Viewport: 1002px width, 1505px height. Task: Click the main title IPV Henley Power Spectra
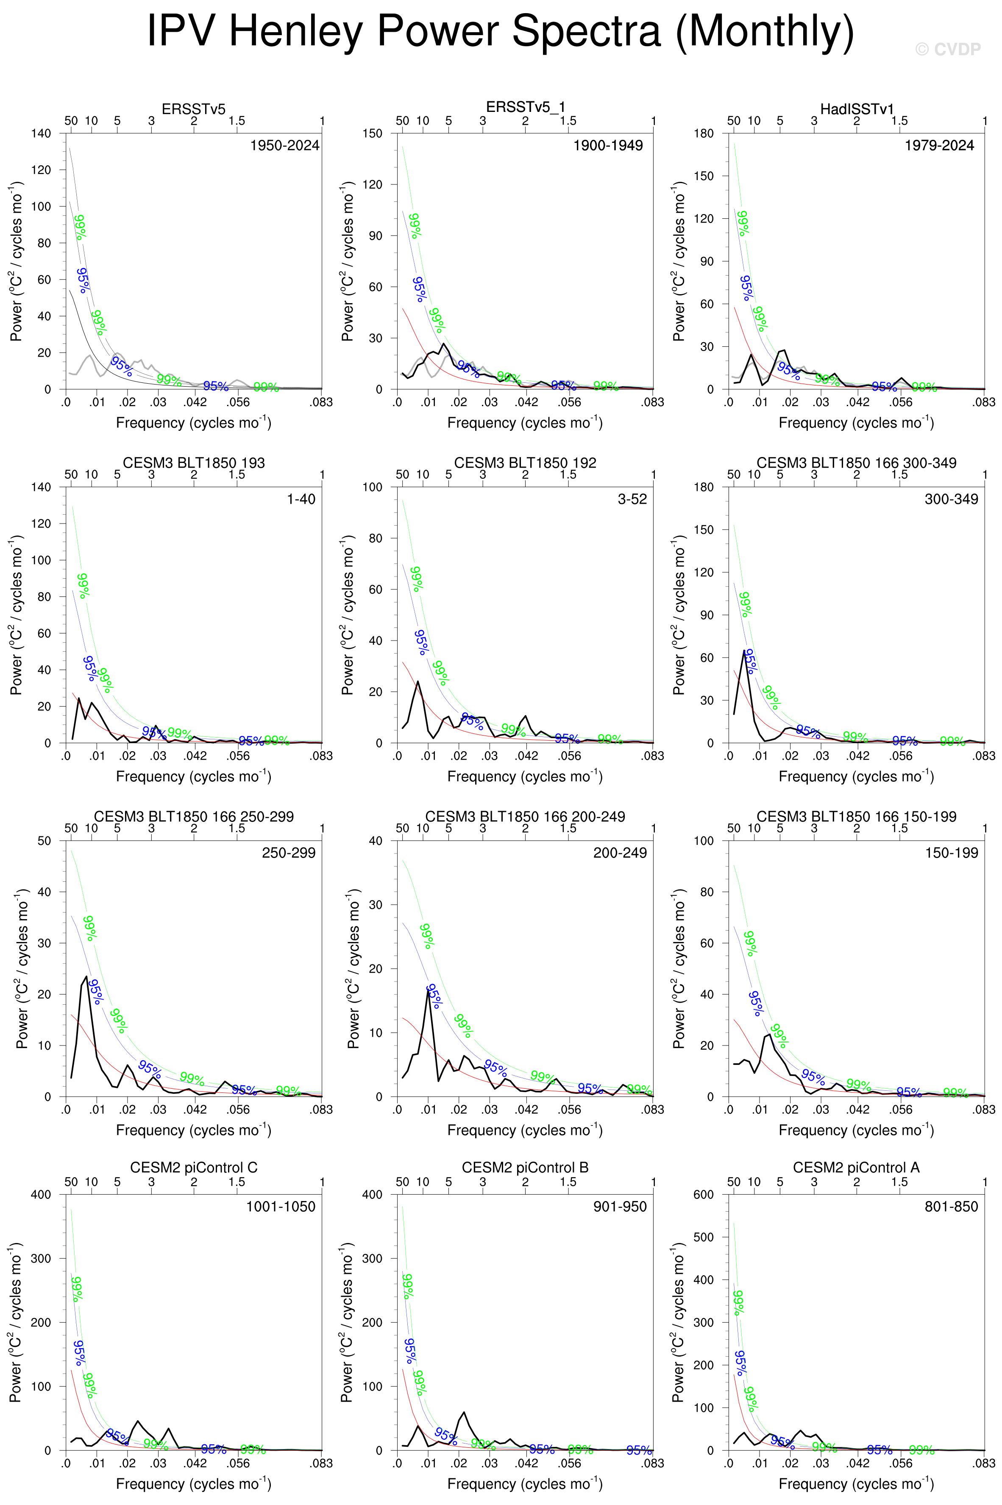(x=500, y=31)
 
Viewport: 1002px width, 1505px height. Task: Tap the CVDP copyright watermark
(x=948, y=49)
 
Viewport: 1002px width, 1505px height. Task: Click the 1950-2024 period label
(x=284, y=146)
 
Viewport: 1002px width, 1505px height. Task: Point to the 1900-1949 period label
(x=608, y=146)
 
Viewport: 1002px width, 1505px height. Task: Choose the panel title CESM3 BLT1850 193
(x=194, y=463)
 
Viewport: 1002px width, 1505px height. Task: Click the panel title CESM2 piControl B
(x=525, y=1168)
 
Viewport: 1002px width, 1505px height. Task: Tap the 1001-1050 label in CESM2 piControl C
(x=281, y=1207)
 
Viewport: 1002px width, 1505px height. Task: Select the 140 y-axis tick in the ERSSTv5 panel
(x=41, y=134)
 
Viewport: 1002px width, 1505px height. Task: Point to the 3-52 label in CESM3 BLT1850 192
(x=632, y=499)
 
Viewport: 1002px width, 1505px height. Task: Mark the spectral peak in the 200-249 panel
(x=428, y=990)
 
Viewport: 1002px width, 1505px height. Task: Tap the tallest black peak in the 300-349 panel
(x=744, y=651)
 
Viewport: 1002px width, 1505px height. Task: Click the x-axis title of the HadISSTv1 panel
(x=856, y=422)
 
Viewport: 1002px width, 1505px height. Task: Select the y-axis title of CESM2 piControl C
(x=16, y=1322)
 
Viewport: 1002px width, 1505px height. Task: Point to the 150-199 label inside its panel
(x=952, y=853)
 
